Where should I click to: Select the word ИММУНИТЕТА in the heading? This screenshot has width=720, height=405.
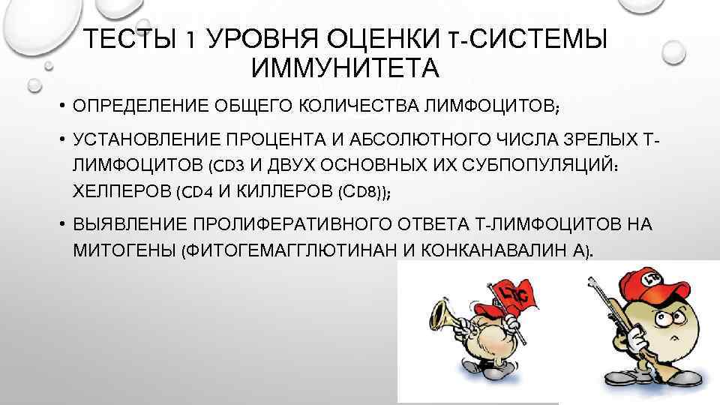(344, 68)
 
